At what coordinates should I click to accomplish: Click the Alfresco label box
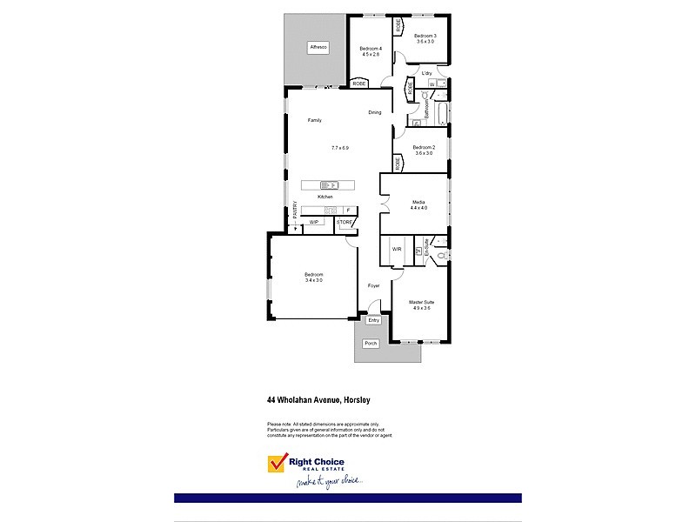pos(319,48)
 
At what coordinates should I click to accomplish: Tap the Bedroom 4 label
pos(371,48)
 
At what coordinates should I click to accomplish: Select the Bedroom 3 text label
pos(425,36)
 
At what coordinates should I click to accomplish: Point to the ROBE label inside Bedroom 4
pos(359,84)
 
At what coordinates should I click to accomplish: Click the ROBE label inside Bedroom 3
pos(399,26)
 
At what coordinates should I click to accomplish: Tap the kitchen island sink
pos(328,184)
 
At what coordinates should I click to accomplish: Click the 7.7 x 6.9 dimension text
pos(339,148)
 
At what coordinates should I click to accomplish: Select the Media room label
pos(419,202)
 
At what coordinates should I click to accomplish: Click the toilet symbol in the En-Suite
pos(440,255)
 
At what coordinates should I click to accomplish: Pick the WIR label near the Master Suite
pos(397,249)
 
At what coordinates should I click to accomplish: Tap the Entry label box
pos(373,320)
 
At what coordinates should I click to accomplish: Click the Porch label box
pos(371,344)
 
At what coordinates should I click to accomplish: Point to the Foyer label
pos(374,285)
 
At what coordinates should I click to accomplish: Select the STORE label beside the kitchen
pos(345,223)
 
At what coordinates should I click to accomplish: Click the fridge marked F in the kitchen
pos(348,210)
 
